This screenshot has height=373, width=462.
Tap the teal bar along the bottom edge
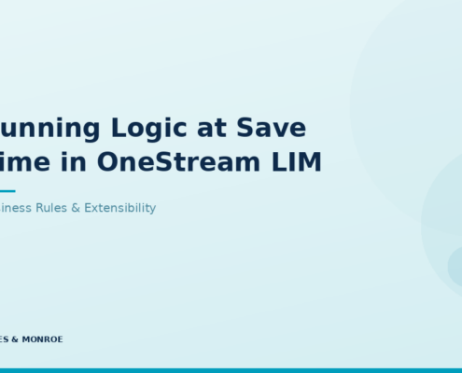[231, 370]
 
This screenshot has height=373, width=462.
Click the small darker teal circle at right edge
[456, 265]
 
